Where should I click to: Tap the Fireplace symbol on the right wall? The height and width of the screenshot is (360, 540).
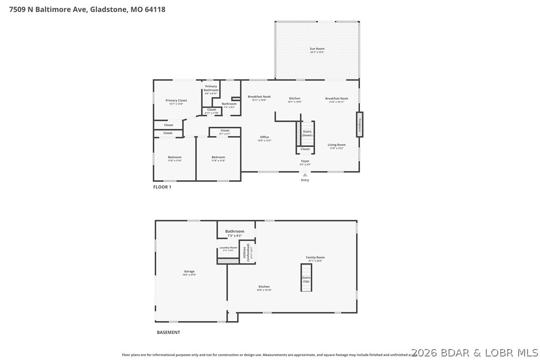pos(359,124)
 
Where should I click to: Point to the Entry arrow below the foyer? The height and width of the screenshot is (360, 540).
pos(305,175)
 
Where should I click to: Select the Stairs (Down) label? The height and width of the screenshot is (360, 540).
pos(307,133)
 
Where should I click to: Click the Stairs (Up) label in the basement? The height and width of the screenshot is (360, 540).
pos(306,277)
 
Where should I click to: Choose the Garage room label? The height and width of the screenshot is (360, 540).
pos(189,271)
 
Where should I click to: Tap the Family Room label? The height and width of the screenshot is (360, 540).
pos(315,258)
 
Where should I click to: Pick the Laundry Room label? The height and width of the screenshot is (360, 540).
pos(228,248)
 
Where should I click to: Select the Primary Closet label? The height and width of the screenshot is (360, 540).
pos(176,100)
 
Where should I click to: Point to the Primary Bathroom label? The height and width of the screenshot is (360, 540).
pos(211,88)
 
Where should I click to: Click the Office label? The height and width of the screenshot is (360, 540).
pos(264,137)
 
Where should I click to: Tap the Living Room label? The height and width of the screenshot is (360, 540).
pos(337,145)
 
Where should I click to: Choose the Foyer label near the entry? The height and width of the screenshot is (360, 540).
pos(305,161)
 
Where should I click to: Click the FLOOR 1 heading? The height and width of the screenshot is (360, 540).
pos(162,187)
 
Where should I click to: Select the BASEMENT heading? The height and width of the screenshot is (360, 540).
pos(168,332)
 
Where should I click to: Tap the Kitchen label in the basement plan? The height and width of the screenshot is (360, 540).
pos(264,286)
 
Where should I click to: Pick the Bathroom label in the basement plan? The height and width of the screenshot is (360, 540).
pos(235,231)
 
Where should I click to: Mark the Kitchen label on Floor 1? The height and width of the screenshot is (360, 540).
pos(295,98)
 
